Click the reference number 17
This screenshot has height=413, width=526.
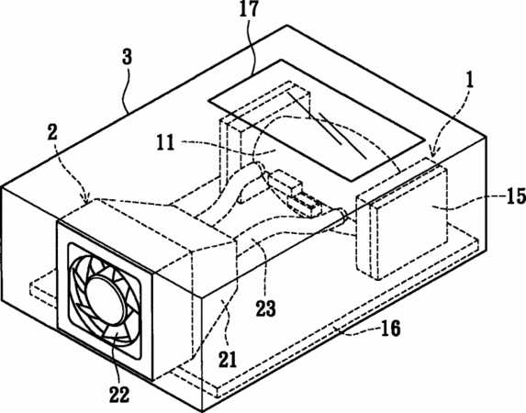pos(249,9)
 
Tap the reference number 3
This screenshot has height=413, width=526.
pos(127,57)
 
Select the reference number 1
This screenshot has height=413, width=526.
pos(470,81)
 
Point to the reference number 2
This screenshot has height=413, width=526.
pos(52,133)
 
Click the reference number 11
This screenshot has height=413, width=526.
pos(165,142)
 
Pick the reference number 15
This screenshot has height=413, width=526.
pos(516,195)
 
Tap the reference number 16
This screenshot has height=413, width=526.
pos(391,329)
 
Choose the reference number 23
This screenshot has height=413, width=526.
pos(266,308)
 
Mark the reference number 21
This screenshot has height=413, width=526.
pos(228,360)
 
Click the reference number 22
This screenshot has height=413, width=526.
pos(119,395)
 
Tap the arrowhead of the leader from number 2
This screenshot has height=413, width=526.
pos(87,201)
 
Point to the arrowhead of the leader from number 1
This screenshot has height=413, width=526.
pos(431,154)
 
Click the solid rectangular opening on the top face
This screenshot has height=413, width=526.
pos(317,120)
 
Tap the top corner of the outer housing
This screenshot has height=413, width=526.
pos(286,25)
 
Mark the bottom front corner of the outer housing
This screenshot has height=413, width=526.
pos(202,411)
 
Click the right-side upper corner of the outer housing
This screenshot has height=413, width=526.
pos(487,137)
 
